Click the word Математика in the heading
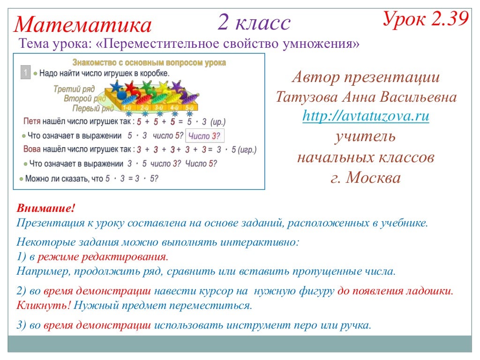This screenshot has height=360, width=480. [83, 25]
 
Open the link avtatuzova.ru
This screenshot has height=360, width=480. [366, 116]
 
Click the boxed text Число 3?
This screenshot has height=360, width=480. [204, 136]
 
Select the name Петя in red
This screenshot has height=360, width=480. [32, 121]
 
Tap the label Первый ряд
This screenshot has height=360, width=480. [93, 108]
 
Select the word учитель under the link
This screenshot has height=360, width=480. [365, 136]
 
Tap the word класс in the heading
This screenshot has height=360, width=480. [263, 22]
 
